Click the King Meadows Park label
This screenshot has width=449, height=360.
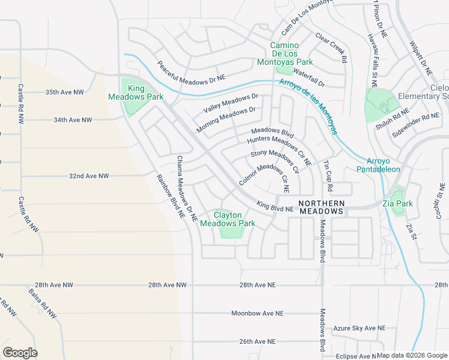[x=136, y=92]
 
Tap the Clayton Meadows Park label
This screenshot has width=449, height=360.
[x=228, y=219]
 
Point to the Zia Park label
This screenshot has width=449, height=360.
[x=398, y=203]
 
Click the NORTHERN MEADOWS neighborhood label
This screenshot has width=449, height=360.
[x=321, y=207]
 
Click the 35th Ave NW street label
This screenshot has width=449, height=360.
[x=64, y=92]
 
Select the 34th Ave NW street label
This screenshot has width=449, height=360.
[x=73, y=120]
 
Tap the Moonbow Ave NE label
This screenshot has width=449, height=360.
[x=258, y=313]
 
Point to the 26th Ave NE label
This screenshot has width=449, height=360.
[x=257, y=341]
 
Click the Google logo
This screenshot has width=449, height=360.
[x=20, y=352]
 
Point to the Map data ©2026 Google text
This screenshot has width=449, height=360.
[x=412, y=355]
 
